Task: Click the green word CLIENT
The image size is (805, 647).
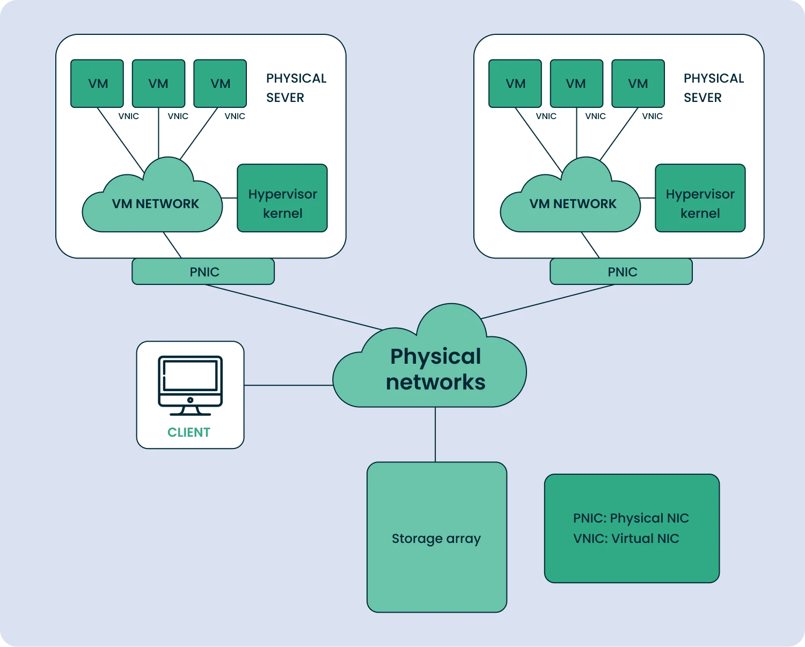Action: (x=189, y=432)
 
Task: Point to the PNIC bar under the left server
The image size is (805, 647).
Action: (x=203, y=272)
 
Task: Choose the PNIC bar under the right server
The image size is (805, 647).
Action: (x=621, y=272)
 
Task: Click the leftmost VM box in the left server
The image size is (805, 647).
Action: (x=98, y=84)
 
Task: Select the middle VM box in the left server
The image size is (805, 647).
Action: (x=158, y=84)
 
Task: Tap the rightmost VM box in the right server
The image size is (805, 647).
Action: (x=638, y=84)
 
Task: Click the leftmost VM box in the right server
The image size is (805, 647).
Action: (x=515, y=84)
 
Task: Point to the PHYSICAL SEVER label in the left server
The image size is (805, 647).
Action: (x=296, y=88)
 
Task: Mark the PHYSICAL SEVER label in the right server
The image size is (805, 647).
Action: (x=713, y=88)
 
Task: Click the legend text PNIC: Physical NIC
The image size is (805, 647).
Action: (x=631, y=518)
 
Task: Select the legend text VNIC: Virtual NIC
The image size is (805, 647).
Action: (x=626, y=539)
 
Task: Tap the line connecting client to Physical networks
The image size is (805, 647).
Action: (x=288, y=385)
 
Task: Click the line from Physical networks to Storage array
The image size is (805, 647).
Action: (x=435, y=435)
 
